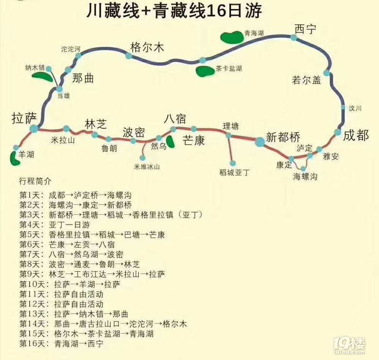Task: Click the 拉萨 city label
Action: [24, 118]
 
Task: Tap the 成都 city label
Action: [356, 136]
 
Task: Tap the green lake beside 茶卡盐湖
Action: [205, 71]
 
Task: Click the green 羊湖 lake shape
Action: [13, 156]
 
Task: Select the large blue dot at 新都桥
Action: [259, 141]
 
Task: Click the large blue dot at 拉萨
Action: [34, 129]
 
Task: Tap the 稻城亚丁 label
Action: [234, 172]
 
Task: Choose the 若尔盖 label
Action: [307, 80]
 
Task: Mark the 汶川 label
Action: [356, 108]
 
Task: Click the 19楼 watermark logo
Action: [349, 344]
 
